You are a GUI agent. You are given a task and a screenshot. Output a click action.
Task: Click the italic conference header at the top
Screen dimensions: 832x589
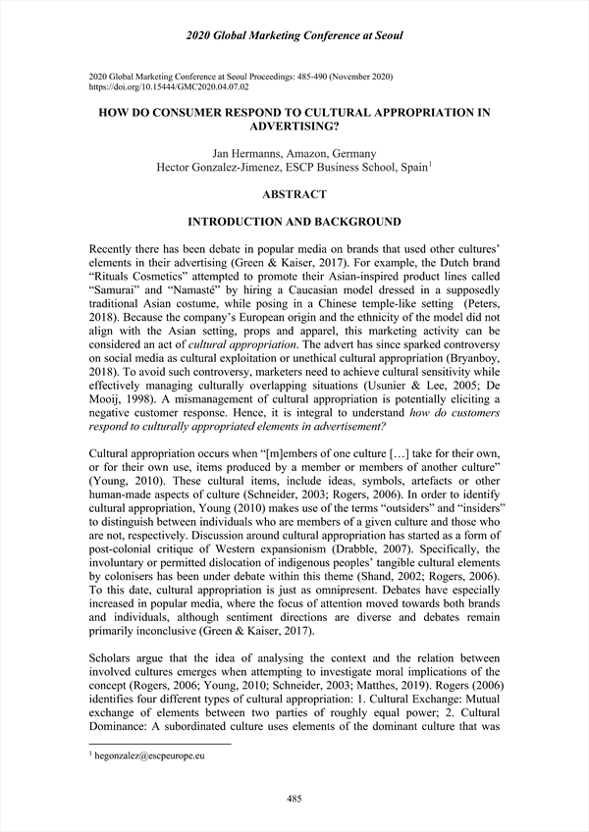pyautogui.click(x=294, y=36)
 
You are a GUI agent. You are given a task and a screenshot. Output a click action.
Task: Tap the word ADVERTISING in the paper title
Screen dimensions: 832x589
pyautogui.click(x=294, y=128)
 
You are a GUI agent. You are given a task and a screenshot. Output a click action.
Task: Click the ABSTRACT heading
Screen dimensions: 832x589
pyautogui.click(x=294, y=194)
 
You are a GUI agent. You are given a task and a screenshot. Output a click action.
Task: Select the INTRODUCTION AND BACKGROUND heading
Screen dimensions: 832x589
pyautogui.click(x=294, y=222)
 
